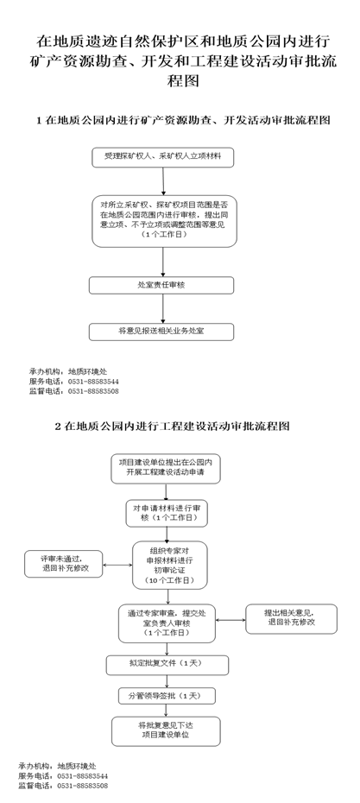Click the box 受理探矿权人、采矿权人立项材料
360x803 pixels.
click(x=163, y=157)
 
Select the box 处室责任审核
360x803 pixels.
click(x=161, y=285)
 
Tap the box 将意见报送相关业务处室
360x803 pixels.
click(x=161, y=332)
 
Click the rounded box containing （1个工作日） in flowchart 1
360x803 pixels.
click(x=164, y=221)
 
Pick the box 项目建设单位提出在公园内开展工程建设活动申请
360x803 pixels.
click(x=166, y=469)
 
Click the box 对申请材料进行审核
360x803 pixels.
click(x=167, y=514)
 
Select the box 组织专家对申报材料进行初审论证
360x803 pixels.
click(x=170, y=566)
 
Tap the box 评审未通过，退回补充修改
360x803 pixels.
click(x=64, y=565)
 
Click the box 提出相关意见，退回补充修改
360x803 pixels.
click(x=292, y=618)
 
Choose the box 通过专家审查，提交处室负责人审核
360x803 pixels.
click(x=167, y=623)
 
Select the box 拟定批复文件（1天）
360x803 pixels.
click(x=167, y=665)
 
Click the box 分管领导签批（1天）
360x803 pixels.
click(x=167, y=696)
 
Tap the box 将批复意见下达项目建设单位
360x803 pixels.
click(x=166, y=731)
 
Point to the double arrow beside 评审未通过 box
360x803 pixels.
click(x=117, y=566)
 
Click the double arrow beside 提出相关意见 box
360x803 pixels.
click(x=231, y=620)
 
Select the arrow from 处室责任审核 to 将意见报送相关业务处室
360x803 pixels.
click(x=163, y=309)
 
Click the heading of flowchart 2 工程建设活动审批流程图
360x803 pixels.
click(x=172, y=426)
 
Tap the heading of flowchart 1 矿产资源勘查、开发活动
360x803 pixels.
click(x=183, y=120)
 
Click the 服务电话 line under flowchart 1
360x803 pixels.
click(x=73, y=382)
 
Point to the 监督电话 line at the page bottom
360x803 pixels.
click(x=63, y=786)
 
